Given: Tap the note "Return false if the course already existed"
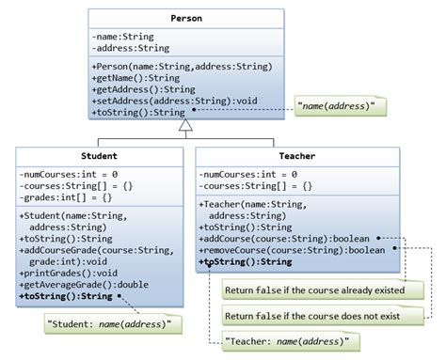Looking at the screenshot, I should [x=313, y=290].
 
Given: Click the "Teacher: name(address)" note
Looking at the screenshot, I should [x=286, y=339].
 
